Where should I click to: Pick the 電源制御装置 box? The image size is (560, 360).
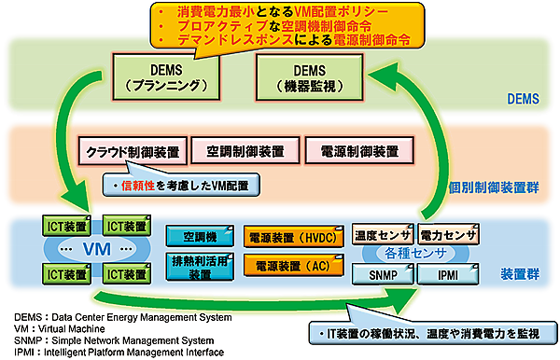pos(357,150)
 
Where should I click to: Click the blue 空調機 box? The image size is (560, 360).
pos(200,237)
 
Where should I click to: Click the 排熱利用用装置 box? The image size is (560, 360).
pos(200,267)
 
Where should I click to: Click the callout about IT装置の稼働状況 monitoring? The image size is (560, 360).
pos(433,332)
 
